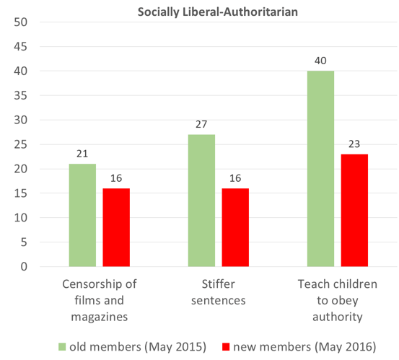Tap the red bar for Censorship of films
(116, 227)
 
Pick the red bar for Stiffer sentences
(235, 227)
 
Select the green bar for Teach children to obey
(320, 169)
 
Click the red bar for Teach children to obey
(354, 210)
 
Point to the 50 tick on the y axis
(21, 22)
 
